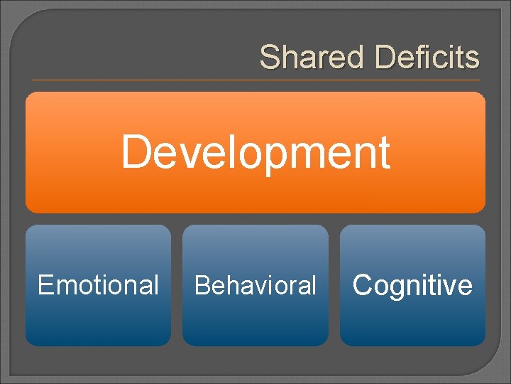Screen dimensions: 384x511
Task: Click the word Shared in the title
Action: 312,57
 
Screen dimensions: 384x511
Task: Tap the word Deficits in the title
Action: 427,57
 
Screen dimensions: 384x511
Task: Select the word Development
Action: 255,151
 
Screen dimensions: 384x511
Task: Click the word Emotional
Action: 98,285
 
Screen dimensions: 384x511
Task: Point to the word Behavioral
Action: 255,285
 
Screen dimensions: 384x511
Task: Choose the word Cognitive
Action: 412,285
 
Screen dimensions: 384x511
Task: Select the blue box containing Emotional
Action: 98,320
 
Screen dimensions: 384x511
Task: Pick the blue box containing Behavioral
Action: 255,320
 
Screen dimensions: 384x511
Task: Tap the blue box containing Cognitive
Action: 412,320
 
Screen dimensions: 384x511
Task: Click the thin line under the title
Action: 255,80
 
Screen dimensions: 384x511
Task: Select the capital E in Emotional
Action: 45,285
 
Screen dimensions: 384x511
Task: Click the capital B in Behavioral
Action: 202,285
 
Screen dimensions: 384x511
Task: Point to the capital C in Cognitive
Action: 363,285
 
